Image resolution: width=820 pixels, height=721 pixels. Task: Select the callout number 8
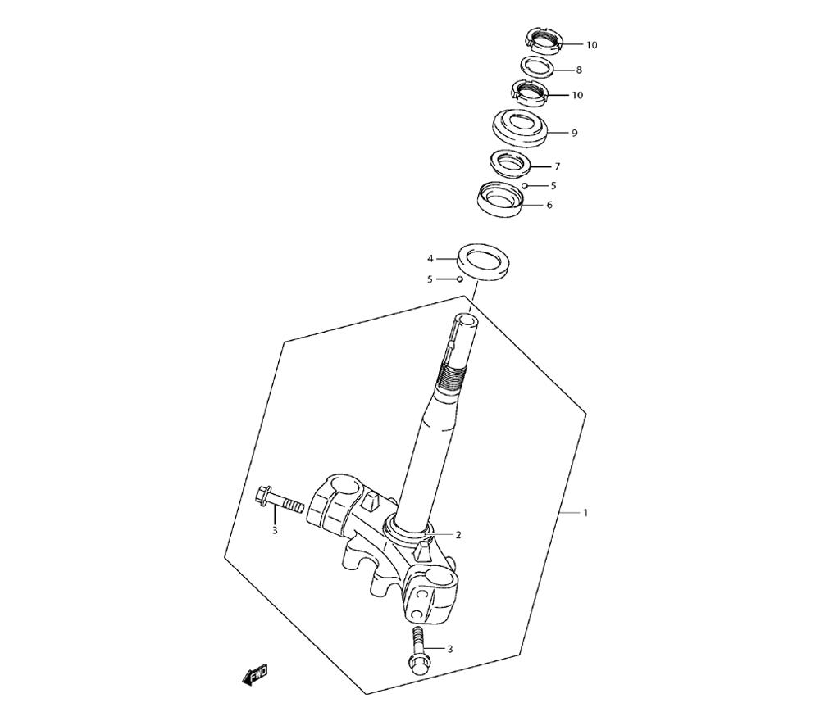tap(579, 70)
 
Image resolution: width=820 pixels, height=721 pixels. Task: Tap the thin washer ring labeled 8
tap(538, 67)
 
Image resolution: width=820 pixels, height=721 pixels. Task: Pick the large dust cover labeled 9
tap(521, 129)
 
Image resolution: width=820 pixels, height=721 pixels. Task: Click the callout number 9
tap(574, 134)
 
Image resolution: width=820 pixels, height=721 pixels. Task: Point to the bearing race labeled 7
tap(510, 162)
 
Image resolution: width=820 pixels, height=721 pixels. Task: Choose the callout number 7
tap(558, 166)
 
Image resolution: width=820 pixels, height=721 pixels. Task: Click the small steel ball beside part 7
tap(525, 186)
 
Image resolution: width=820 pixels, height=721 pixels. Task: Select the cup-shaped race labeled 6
tap(502, 199)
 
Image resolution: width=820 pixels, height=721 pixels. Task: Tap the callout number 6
tap(549, 205)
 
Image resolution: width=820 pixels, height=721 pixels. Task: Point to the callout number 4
tap(430, 259)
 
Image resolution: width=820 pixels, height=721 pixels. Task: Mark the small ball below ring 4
tap(460, 279)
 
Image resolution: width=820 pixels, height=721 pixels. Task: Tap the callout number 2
tap(458, 534)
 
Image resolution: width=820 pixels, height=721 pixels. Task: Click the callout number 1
tap(585, 513)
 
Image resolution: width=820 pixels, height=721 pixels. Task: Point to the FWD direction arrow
tap(255, 674)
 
